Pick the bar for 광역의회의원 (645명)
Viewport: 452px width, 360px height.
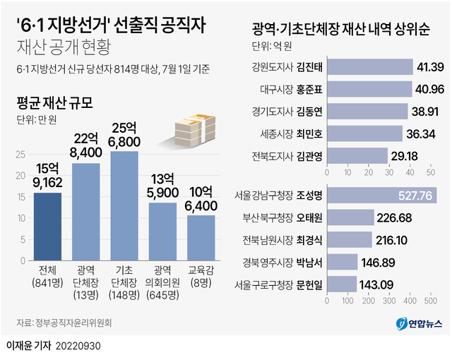162,230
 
